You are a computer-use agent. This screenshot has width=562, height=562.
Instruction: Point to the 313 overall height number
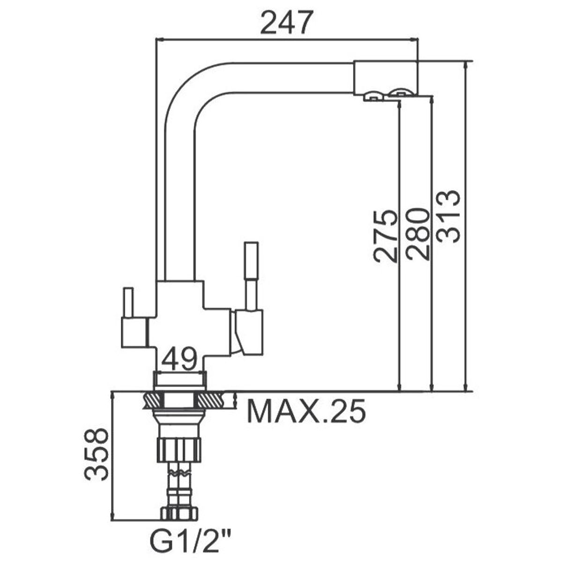(448, 216)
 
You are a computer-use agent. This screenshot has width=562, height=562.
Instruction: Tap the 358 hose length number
(96, 454)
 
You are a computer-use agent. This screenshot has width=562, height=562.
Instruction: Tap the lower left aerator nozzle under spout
(372, 97)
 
